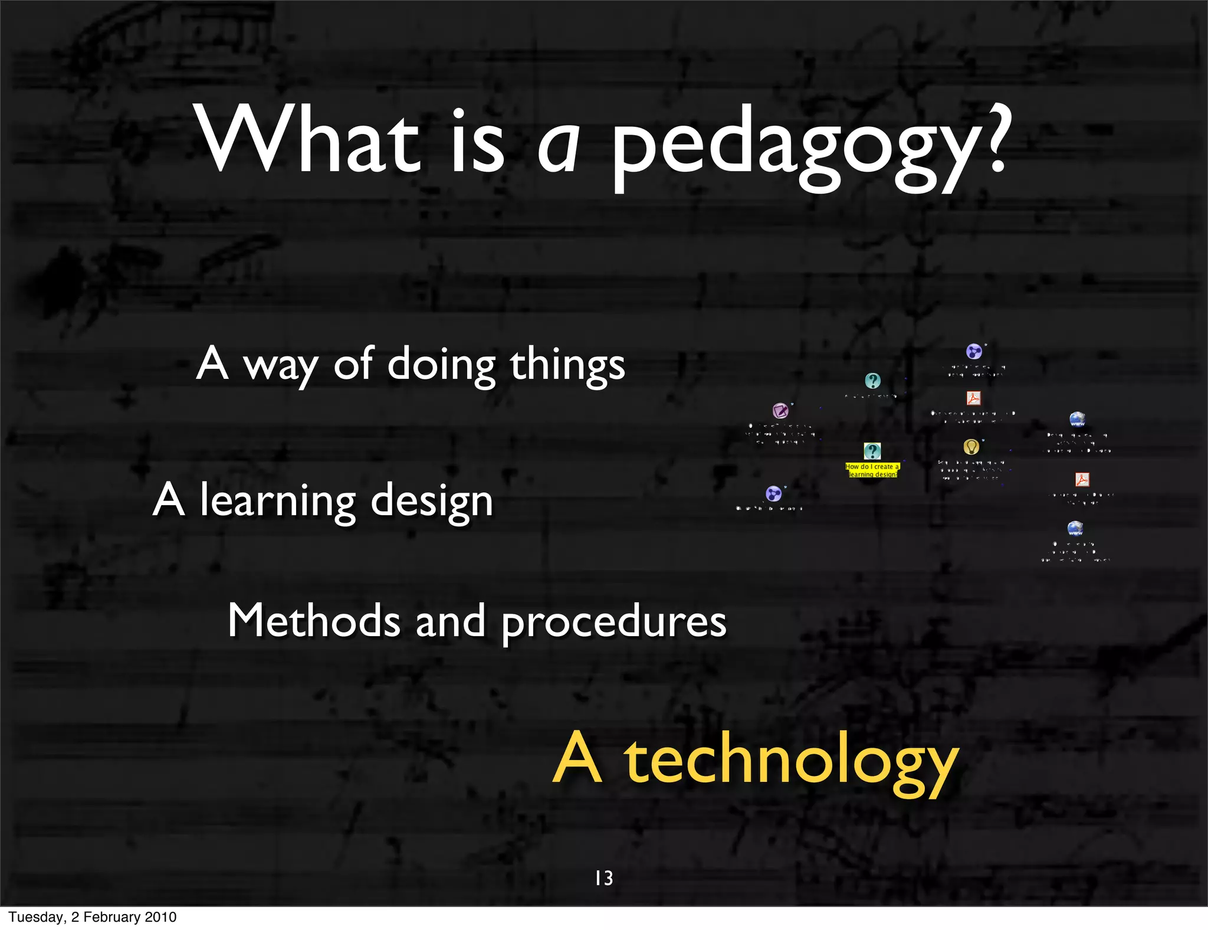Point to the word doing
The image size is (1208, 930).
coord(441,366)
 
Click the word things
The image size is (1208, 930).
coord(567,366)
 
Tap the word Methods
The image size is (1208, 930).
coord(314,621)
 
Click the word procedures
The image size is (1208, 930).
coord(613,624)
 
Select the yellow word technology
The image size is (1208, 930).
coord(790,761)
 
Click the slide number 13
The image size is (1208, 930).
coord(604,878)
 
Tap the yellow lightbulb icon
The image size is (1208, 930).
coord(971,447)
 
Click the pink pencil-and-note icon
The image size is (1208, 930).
coord(780,410)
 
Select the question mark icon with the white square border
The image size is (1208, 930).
coord(872,451)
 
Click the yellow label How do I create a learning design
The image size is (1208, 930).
coord(872,470)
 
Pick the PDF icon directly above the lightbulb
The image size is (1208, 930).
coord(973,398)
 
